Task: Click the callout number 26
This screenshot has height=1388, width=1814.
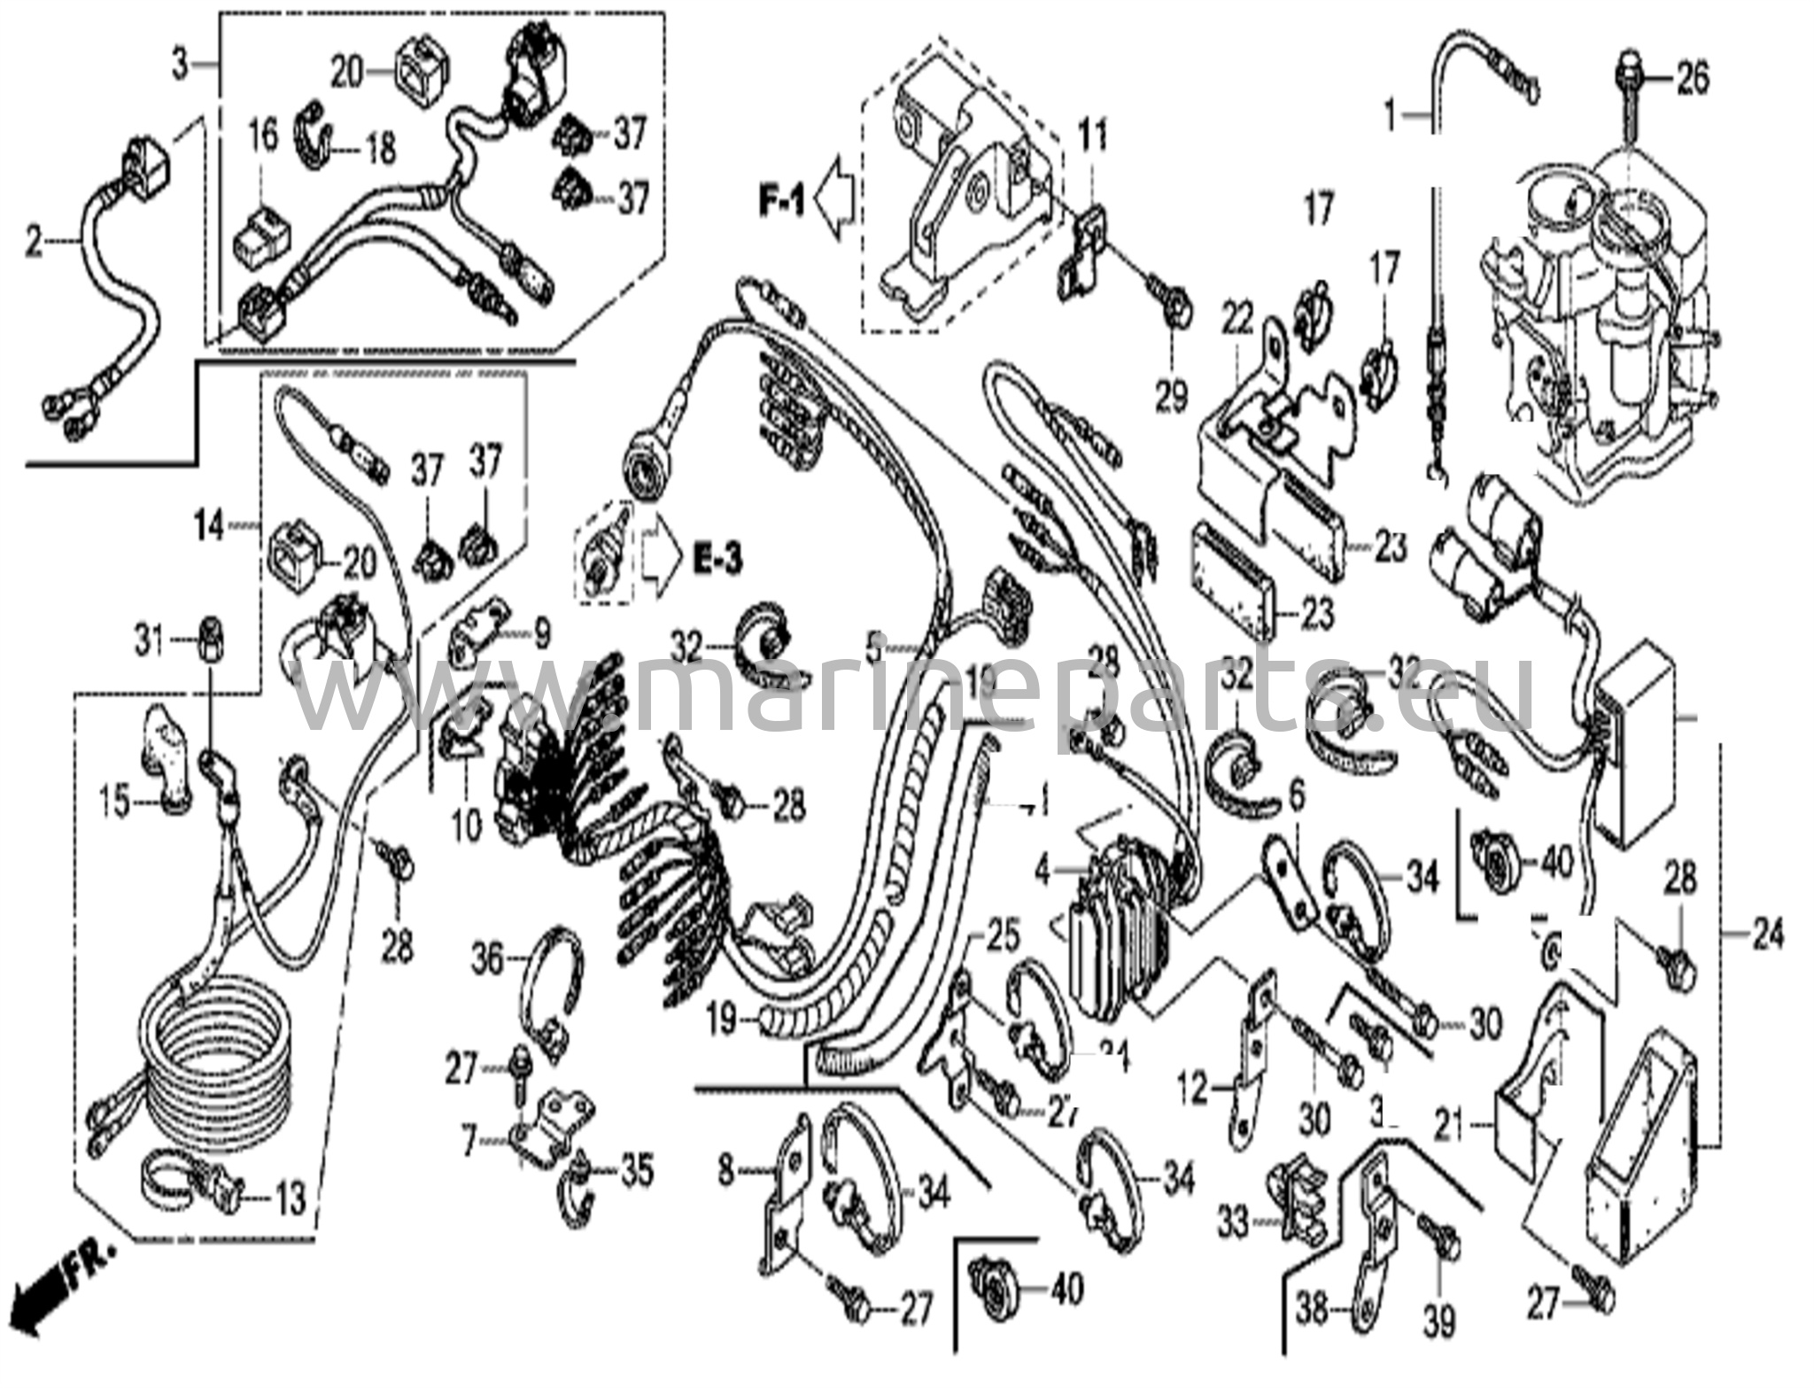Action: (x=1692, y=80)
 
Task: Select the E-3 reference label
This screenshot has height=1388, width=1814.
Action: (x=716, y=559)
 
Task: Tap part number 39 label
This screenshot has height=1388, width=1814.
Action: (x=1439, y=1322)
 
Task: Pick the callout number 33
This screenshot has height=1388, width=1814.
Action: (x=1233, y=1223)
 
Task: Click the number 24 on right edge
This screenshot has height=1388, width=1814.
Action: (x=1767, y=934)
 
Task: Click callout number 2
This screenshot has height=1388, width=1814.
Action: (x=34, y=241)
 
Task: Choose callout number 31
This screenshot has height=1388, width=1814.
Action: (x=150, y=640)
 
